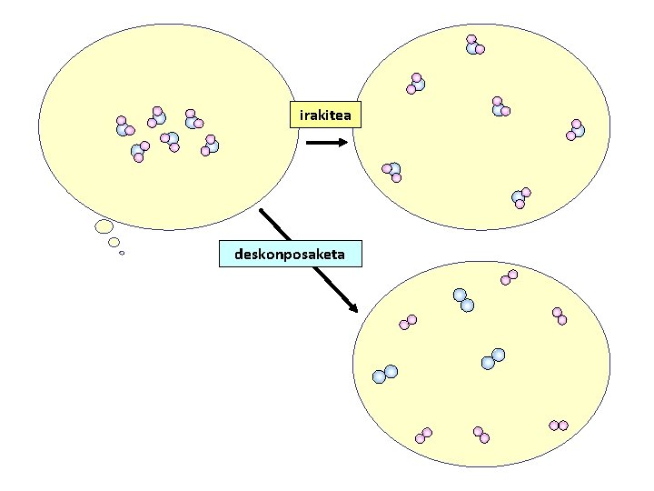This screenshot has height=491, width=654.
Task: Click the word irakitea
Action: (325, 115)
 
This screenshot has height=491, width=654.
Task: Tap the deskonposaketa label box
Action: (290, 254)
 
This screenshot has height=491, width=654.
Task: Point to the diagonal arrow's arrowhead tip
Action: (357, 312)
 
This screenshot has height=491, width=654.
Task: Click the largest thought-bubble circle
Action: (104, 225)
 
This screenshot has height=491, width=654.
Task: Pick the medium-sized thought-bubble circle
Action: (114, 242)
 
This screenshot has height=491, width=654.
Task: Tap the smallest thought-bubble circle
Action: (122, 253)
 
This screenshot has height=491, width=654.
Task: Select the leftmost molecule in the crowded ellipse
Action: (124, 126)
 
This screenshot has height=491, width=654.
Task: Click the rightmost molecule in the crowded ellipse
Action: (210, 145)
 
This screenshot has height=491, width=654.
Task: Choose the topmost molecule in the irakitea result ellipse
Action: (474, 45)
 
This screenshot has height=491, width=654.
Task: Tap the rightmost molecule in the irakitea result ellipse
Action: (575, 129)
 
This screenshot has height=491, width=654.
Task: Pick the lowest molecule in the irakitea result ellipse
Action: (520, 197)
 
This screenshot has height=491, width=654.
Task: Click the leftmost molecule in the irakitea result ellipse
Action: (392, 171)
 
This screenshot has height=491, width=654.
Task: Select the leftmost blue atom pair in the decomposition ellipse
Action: (385, 373)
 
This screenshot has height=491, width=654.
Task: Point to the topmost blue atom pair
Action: (463, 300)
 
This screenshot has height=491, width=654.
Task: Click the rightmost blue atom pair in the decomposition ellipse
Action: (493, 359)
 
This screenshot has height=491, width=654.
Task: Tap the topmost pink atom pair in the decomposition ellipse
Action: (509, 277)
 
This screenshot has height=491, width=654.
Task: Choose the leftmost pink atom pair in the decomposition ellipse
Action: (408, 322)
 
